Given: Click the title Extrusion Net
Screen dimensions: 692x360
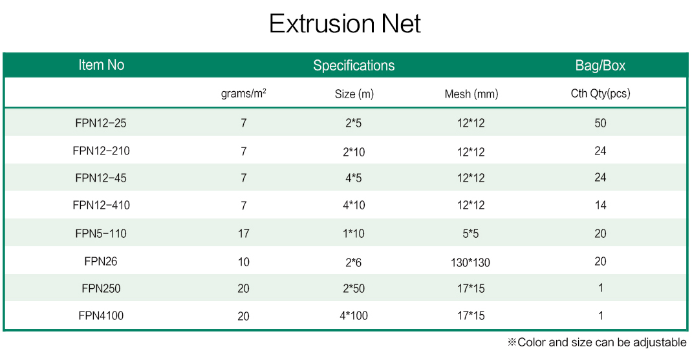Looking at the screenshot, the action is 345,23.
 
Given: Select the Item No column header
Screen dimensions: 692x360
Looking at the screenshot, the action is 101,65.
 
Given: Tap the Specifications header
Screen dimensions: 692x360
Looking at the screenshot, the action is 354,66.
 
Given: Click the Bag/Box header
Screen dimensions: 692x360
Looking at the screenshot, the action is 600,66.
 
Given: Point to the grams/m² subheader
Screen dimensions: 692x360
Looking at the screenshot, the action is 243,94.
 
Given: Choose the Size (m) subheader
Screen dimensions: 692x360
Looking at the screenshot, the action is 354,94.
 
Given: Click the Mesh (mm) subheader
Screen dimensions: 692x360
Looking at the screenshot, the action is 471,94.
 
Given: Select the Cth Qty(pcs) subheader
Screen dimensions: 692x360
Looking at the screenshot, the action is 600,94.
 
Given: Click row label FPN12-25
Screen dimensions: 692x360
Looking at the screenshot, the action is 101,123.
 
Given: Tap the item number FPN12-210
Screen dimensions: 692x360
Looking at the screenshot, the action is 101,151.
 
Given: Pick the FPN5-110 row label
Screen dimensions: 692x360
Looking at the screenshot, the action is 101,233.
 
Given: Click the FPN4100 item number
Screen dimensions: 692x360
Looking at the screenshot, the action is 101,315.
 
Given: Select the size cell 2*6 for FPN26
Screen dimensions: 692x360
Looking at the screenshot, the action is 354,262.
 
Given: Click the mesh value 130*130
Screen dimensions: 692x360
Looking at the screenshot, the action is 470,262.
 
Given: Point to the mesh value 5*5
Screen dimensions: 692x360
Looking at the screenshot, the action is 470,233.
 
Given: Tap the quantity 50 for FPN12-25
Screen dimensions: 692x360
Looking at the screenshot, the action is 600,123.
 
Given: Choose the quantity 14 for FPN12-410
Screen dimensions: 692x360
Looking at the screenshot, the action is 600,205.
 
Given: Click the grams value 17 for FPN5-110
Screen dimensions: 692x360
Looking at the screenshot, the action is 244,233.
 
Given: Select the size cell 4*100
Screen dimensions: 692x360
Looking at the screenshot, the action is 354,315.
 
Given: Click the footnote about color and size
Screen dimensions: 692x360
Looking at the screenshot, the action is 597,343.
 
